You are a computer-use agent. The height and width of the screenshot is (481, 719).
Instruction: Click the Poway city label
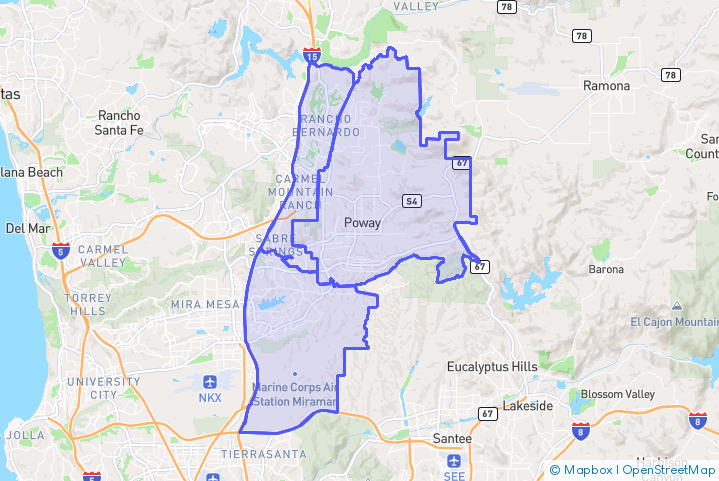tap(361, 223)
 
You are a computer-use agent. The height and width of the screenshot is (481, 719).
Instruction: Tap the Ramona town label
tap(607, 86)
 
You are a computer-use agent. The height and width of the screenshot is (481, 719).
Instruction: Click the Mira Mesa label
tap(201, 304)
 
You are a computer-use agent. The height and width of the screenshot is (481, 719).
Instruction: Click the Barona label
tap(606, 269)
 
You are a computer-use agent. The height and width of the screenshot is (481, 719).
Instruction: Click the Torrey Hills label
tap(98, 305)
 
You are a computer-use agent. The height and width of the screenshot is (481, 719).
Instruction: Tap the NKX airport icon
tap(211, 382)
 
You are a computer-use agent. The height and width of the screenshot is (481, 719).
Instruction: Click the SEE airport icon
tap(454, 461)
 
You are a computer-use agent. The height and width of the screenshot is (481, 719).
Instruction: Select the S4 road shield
tap(410, 201)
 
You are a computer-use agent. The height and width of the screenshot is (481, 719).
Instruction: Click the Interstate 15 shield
tap(313, 57)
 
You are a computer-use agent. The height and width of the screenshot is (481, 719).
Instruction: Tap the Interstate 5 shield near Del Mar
tap(61, 249)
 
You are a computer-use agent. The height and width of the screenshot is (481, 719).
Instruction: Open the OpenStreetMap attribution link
tap(669, 469)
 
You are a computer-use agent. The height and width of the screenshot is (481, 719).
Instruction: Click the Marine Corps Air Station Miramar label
tap(295, 393)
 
